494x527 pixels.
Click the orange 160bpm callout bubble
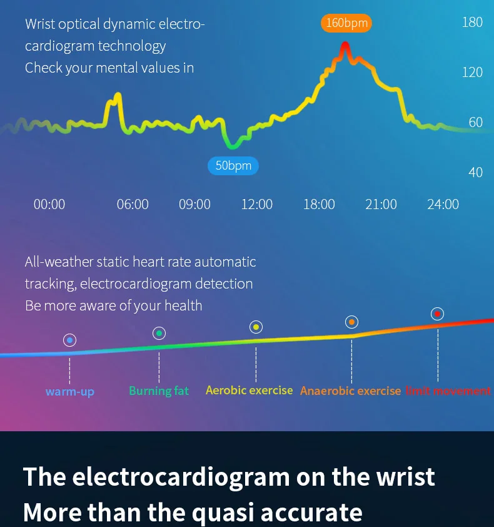(346, 23)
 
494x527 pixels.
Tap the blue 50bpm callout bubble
(233, 166)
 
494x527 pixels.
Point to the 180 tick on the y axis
(472, 22)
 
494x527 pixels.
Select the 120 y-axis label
(472, 72)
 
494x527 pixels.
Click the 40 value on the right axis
(475, 172)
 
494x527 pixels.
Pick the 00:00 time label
(49, 204)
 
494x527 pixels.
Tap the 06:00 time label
(133, 204)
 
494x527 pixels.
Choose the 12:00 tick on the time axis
(257, 204)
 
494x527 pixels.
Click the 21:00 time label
(381, 204)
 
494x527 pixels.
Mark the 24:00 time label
(443, 204)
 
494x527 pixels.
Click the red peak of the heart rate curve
(345, 45)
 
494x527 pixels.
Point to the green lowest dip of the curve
(233, 146)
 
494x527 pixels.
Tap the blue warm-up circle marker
(69, 340)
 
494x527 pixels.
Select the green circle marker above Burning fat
(159, 334)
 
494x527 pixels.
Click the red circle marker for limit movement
(437, 314)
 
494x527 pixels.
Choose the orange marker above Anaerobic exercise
(351, 322)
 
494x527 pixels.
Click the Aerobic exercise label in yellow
(249, 390)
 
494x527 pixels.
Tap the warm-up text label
(70, 392)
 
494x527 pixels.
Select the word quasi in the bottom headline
(223, 513)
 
